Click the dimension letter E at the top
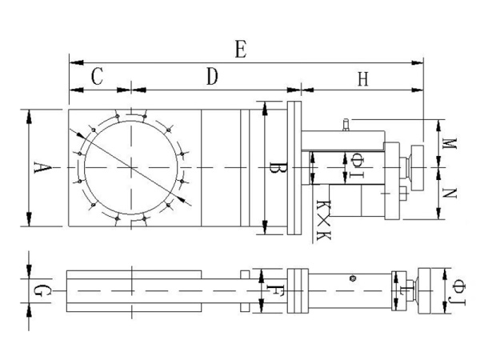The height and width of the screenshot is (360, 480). (x=241, y=50)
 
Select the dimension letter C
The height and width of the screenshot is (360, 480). (x=98, y=76)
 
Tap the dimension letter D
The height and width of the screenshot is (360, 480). (x=212, y=77)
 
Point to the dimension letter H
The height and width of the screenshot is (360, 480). (x=363, y=79)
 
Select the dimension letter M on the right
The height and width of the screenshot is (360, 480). (x=450, y=143)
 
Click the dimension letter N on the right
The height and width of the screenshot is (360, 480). (x=450, y=193)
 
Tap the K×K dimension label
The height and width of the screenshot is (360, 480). (x=323, y=221)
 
